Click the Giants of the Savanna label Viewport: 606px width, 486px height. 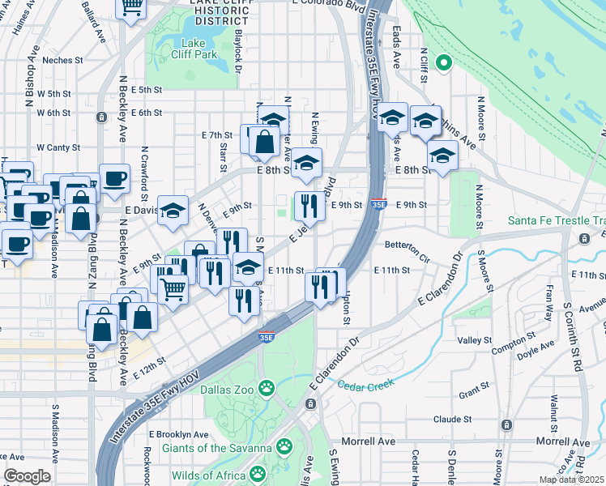point(216,447)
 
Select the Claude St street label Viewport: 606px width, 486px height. point(452,419)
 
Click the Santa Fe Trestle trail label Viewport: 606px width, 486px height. point(557,220)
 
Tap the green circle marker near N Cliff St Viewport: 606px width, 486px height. point(443,62)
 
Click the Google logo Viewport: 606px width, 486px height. point(27,476)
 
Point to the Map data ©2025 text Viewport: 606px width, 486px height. point(572,480)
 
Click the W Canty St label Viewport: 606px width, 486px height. point(58,147)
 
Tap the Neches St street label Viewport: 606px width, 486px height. point(63,60)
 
